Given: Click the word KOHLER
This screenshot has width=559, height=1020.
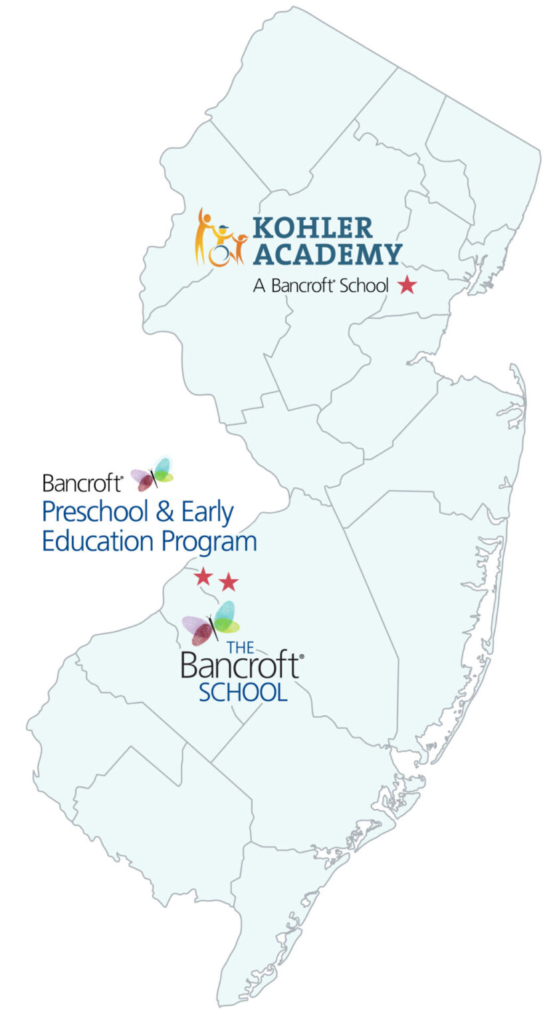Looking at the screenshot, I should coord(312,228).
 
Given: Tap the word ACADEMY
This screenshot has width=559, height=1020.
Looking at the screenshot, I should coord(328,254).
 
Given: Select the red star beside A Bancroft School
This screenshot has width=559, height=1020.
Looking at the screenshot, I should coord(407,286).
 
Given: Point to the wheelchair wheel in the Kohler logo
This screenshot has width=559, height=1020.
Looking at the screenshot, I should coord(219,256).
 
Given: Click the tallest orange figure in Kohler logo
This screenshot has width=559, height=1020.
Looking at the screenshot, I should coord(203,236).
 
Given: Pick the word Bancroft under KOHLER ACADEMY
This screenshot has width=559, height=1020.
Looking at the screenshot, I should coord(301,286).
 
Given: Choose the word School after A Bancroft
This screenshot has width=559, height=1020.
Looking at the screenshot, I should coord(364,286).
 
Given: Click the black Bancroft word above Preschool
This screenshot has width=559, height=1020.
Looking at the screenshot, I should coord(81,483).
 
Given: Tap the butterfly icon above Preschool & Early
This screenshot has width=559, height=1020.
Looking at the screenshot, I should coord(152,474).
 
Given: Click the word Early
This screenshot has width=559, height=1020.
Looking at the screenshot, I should coord(207,513).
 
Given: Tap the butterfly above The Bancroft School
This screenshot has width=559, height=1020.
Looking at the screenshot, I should coord(211,623).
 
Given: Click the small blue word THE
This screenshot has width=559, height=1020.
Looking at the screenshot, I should coord(240,647).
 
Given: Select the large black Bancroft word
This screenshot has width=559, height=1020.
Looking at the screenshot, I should coord(239,665).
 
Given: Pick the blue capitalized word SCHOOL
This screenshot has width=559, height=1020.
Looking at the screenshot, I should coord(243,692).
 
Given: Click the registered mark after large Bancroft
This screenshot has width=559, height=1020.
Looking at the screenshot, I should coord(302,656).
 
